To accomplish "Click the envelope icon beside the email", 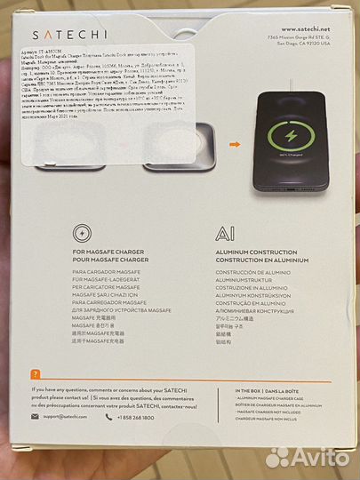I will [x=35, y=416].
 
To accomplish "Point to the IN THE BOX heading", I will [x=268, y=391].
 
